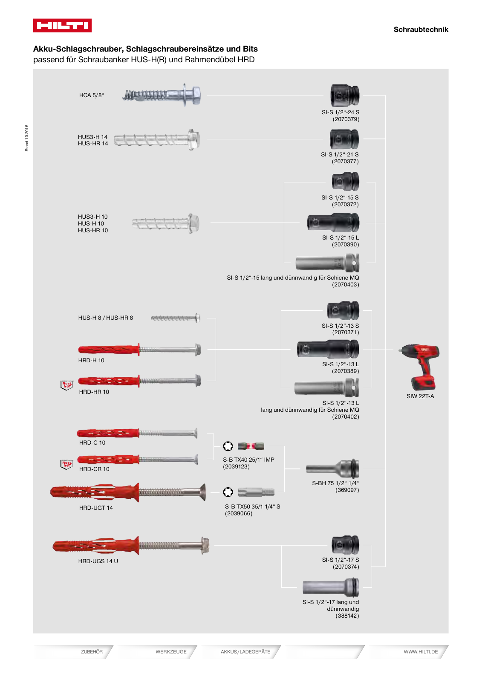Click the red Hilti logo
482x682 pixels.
point(62,26)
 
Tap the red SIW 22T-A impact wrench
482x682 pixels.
point(420,366)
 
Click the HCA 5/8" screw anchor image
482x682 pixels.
point(162,95)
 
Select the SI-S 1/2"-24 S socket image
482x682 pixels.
point(345,95)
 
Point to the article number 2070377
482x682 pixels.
point(345,162)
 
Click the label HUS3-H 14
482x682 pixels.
point(92,137)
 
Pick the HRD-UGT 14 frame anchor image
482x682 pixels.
point(128,492)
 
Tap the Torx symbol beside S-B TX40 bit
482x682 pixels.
point(228,446)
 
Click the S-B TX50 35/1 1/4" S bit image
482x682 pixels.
point(256,492)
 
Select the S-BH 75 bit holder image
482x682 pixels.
point(333,469)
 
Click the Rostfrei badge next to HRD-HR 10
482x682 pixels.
point(66,385)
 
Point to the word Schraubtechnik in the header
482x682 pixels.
point(421,29)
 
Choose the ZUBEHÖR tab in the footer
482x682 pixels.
point(92,652)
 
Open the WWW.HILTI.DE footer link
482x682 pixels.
point(421,652)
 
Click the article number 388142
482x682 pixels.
point(347,616)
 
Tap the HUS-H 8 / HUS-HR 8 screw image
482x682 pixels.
point(176,318)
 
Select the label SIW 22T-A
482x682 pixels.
point(420,396)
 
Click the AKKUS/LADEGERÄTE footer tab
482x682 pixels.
point(245,652)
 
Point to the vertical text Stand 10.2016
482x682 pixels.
point(27,138)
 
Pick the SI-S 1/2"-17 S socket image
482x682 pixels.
point(345,545)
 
